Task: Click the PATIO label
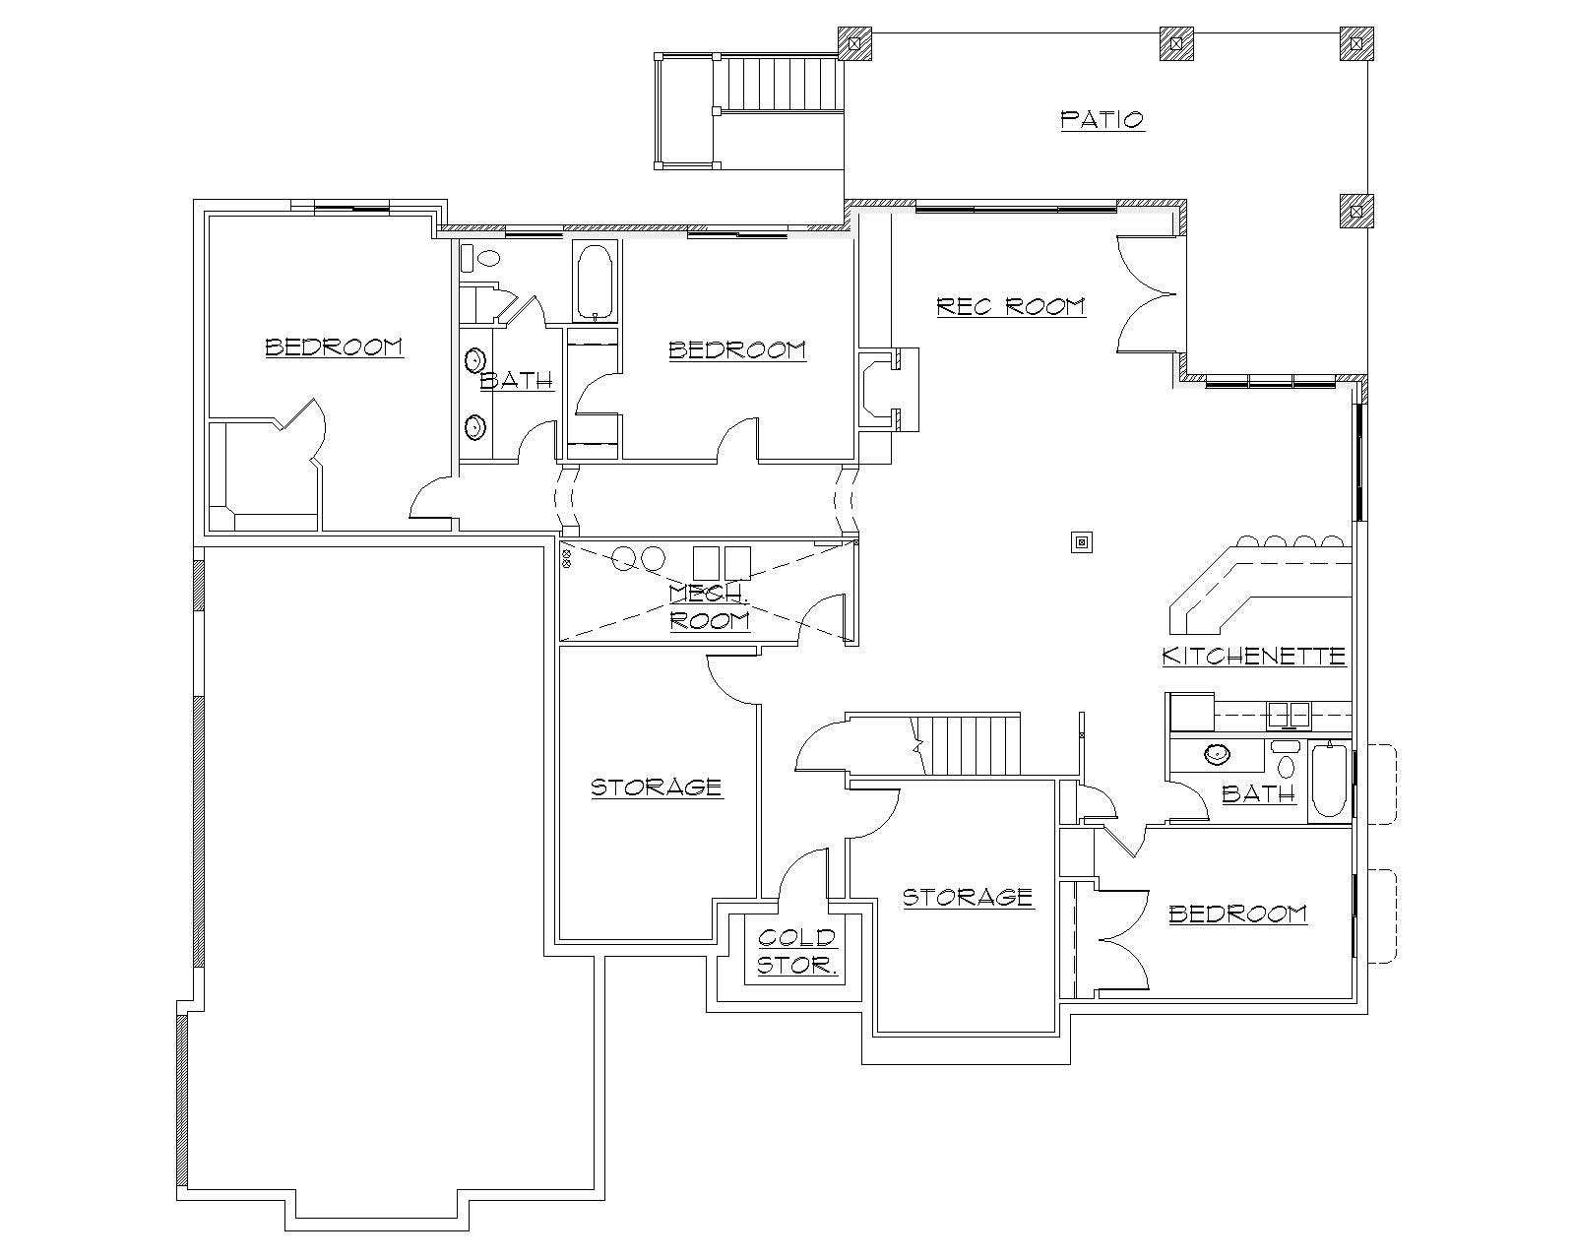(x=1102, y=120)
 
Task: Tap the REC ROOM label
(x=1010, y=306)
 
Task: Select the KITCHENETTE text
(x=1253, y=656)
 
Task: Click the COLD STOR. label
(x=797, y=951)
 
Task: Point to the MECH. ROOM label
(x=709, y=606)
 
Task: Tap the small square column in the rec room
(x=1082, y=541)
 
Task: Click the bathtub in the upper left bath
(x=595, y=283)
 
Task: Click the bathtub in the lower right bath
(x=1330, y=783)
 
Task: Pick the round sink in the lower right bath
(x=1218, y=755)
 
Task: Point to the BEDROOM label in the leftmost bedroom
(x=334, y=346)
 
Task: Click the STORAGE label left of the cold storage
(x=656, y=787)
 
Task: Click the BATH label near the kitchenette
(x=1258, y=793)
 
